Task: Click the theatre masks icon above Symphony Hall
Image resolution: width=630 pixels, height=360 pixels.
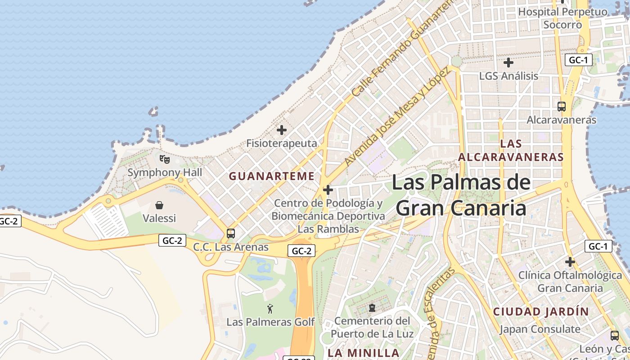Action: pos(165,159)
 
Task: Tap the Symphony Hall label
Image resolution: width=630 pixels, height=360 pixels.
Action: pos(165,172)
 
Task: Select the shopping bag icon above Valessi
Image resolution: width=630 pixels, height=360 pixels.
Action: pos(159,205)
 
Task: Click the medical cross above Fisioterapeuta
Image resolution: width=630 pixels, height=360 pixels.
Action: pos(282,130)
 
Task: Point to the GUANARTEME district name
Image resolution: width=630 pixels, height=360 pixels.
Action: pos(272,176)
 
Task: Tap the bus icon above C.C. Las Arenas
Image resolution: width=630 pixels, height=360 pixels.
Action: pos(231,234)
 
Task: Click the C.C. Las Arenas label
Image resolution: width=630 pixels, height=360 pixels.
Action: pos(231,247)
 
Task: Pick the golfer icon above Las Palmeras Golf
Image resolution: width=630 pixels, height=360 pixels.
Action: pos(270,309)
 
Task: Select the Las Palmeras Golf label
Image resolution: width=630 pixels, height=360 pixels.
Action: pos(270,322)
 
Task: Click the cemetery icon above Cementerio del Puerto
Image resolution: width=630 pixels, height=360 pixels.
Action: pos(372,308)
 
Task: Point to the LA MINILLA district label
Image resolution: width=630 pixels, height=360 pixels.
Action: pos(364,353)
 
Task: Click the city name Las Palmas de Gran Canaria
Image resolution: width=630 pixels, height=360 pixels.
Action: pos(461,195)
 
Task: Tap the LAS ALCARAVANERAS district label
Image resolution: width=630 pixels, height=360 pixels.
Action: pos(511,150)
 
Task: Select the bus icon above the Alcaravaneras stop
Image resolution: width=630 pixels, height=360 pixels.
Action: pos(562,107)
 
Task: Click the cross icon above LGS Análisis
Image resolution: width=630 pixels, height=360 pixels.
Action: pos(508,63)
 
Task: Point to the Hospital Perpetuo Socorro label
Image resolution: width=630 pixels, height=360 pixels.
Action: pos(562,18)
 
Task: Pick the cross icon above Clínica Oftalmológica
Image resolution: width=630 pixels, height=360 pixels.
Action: pos(570,261)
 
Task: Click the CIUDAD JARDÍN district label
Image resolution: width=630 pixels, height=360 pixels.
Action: pos(541,311)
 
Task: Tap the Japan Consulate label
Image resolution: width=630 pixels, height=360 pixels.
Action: pos(540,329)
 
